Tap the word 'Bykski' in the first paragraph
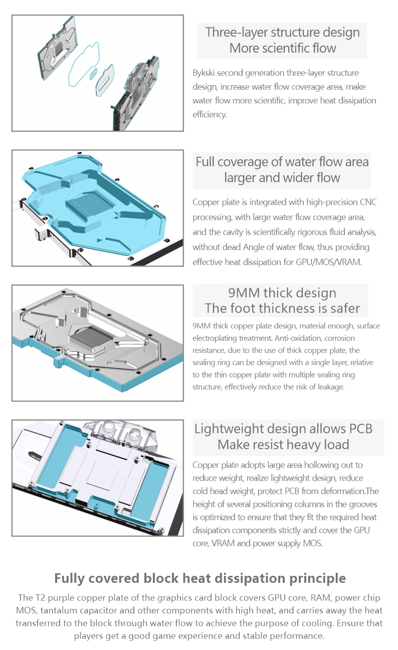pyautogui.click(x=204, y=73)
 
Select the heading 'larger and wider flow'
pyautogui.click(x=282, y=177)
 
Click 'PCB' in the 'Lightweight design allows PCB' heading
pyautogui.click(x=361, y=428)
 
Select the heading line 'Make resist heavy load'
pyautogui.click(x=283, y=445)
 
